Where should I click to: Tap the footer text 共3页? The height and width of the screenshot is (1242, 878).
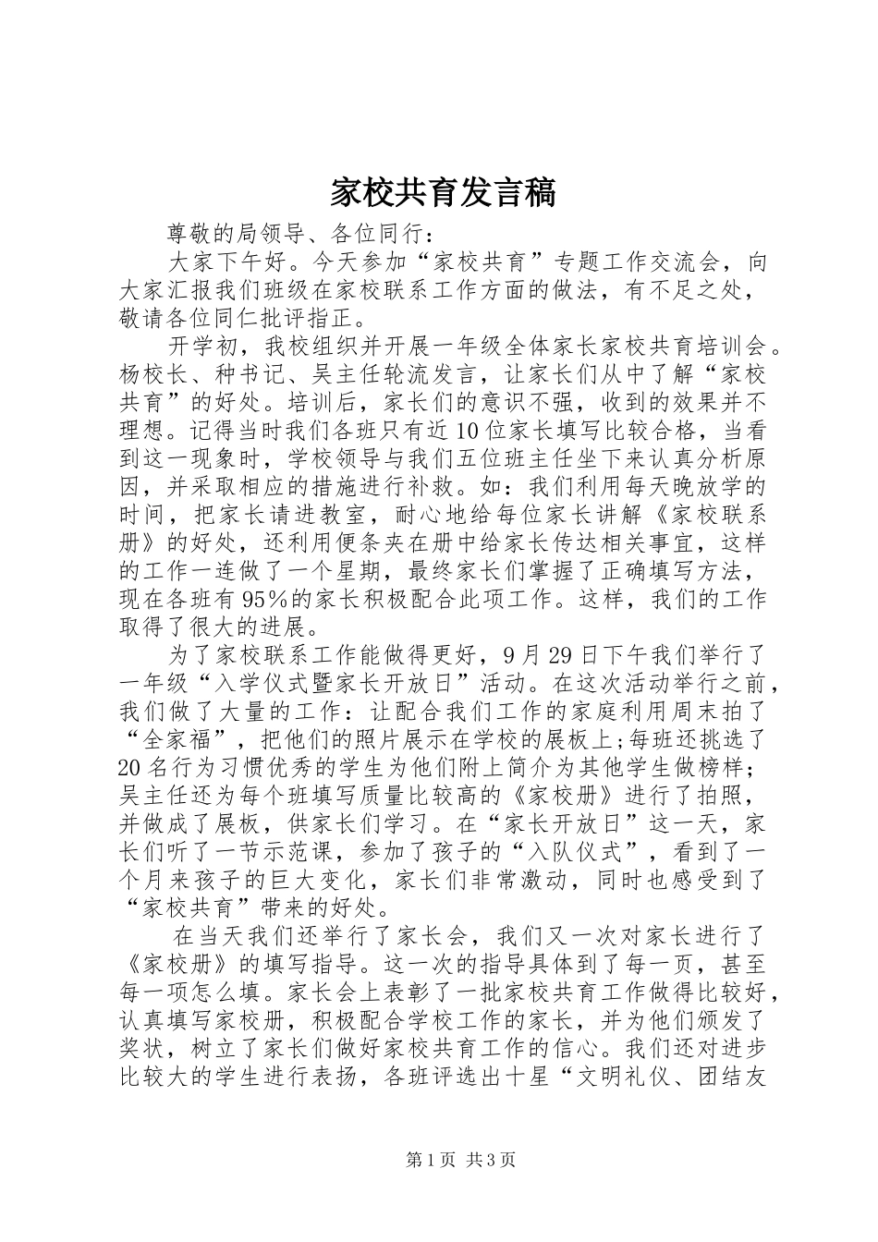(x=491, y=1161)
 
